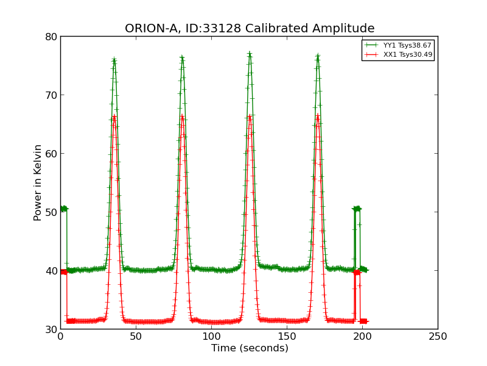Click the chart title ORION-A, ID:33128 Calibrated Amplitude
(250, 29)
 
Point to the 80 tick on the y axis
(51, 37)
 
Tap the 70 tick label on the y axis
(51, 95)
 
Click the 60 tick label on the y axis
(51, 154)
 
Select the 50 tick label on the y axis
(51, 212)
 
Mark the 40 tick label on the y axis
(51, 271)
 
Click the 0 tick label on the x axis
(60, 337)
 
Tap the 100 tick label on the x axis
(211, 337)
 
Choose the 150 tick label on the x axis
(287, 337)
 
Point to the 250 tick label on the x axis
(438, 337)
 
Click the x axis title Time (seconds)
(250, 348)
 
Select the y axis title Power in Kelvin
(38, 182)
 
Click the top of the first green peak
(114, 60)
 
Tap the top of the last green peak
(318, 57)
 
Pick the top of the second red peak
(182, 116)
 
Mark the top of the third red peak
(250, 116)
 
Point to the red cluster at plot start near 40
(63, 272)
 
